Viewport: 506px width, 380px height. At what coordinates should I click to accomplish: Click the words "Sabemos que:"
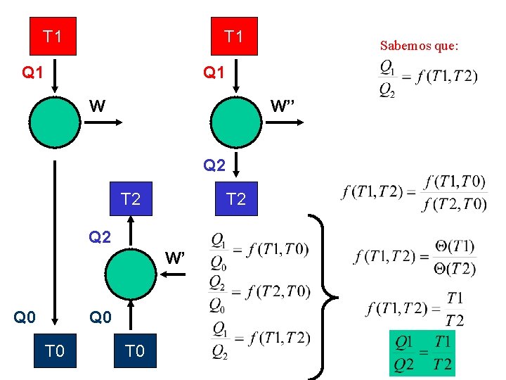[x=419, y=46]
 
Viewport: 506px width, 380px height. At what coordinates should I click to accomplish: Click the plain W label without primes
[x=98, y=106]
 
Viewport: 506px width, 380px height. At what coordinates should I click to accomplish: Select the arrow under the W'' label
[x=286, y=121]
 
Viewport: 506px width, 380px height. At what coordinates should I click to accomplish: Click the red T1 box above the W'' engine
[x=234, y=36]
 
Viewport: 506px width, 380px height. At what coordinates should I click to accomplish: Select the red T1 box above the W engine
[x=52, y=36]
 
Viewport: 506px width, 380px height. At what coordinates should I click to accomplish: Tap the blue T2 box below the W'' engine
[x=235, y=200]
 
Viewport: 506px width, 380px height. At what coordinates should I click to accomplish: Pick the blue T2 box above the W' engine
[x=131, y=200]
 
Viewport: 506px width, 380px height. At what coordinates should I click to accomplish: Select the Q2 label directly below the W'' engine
[x=214, y=166]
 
